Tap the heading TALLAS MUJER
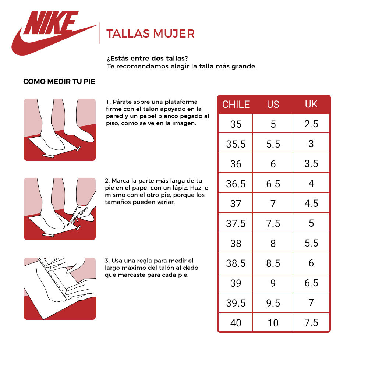coord(150,34)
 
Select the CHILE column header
coord(236,105)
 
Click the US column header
coord(273,105)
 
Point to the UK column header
coord(311,104)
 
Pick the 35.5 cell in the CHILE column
coord(236,144)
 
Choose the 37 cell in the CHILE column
coord(236,204)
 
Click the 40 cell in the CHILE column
coord(236,323)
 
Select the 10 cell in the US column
coord(273,323)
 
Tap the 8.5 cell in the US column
coord(273,263)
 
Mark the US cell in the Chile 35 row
coord(273,124)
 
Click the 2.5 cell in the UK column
coord(311,124)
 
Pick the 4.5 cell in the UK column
coord(311,204)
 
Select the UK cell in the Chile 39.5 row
coord(311,303)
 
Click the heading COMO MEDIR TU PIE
coord(59,82)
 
